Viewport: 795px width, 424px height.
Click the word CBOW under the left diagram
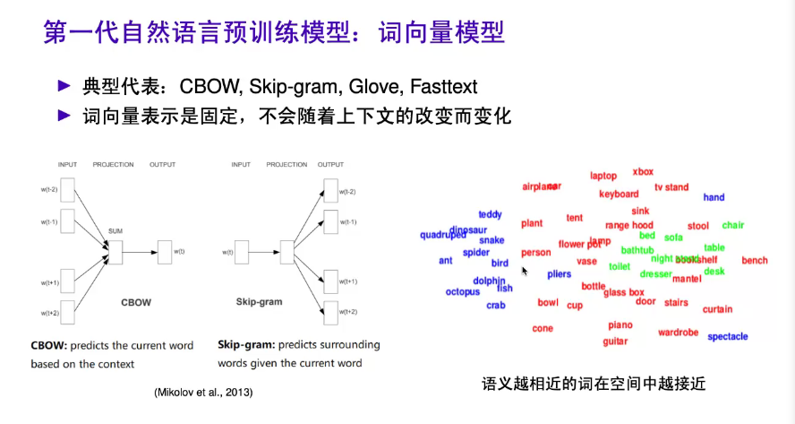(x=136, y=302)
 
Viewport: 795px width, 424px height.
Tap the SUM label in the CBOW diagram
(x=115, y=230)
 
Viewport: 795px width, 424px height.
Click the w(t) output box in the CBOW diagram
(x=164, y=252)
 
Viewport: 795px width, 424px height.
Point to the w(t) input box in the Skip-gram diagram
(x=241, y=252)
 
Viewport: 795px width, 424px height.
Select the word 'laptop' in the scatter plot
(x=603, y=176)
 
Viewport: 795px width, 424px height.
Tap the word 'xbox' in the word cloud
(x=643, y=171)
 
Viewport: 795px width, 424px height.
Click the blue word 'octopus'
(x=463, y=291)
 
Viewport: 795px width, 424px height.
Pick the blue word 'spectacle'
(x=727, y=337)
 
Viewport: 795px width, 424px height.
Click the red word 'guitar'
(x=615, y=341)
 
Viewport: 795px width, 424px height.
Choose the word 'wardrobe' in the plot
(x=678, y=333)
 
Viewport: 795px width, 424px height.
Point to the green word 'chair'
(x=733, y=225)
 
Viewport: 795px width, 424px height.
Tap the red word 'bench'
(x=755, y=261)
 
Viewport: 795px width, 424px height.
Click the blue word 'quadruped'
(x=443, y=236)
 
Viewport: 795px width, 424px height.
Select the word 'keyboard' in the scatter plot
(x=619, y=194)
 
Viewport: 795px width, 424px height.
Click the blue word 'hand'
(x=714, y=197)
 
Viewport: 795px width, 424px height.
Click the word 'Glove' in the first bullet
(x=373, y=87)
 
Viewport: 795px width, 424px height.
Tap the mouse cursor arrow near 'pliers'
(x=525, y=270)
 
